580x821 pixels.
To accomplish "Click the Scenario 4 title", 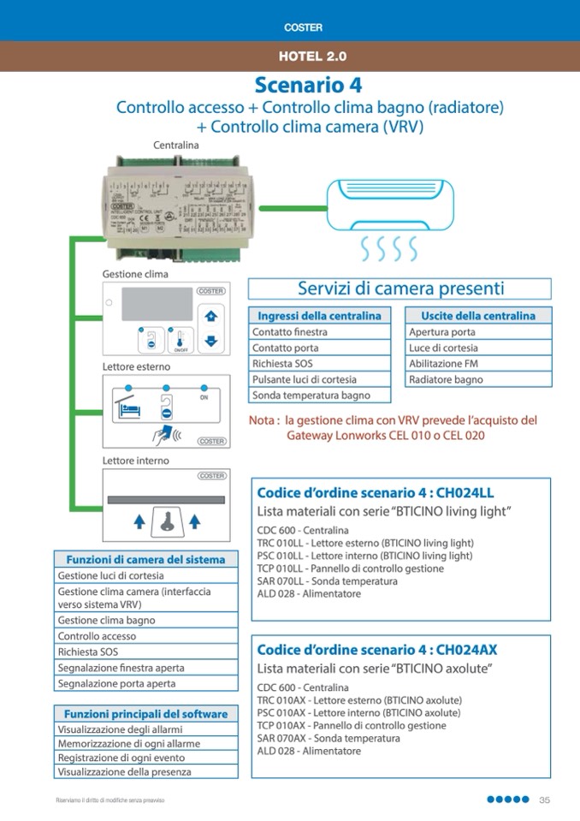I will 308,86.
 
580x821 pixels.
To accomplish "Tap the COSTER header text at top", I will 304,27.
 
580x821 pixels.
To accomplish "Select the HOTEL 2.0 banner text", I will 312,57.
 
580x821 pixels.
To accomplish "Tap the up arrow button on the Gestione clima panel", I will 212,316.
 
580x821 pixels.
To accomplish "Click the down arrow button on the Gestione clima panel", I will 212,341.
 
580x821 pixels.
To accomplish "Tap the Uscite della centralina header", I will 478,316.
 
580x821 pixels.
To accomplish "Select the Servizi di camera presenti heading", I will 400,289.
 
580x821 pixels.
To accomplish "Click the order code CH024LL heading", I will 376,492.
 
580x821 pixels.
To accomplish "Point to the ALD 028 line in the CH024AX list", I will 309,751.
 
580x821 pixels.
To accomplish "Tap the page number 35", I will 544,800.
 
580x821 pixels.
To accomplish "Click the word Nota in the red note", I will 263,420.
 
